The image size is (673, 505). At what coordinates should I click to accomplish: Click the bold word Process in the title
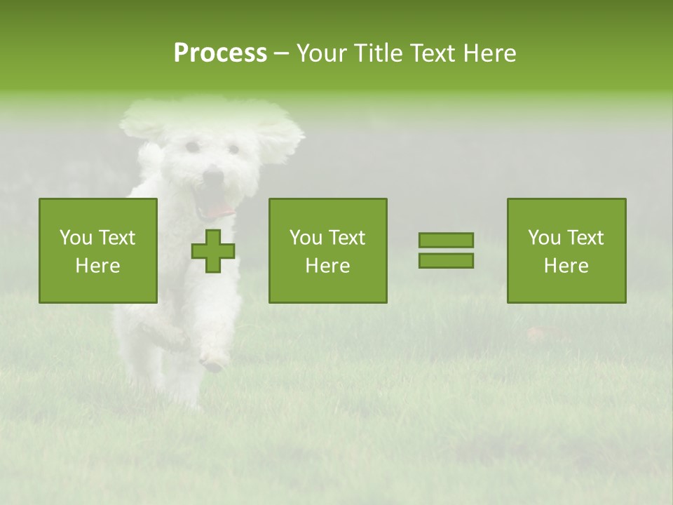coord(220,53)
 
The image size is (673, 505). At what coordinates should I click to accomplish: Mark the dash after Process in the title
coord(281,54)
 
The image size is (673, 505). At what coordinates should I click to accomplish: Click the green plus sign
coord(213,251)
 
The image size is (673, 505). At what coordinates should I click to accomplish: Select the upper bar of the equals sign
coord(446,241)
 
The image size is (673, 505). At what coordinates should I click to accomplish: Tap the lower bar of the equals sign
coord(446,261)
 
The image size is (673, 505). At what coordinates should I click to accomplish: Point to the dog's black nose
coord(212,177)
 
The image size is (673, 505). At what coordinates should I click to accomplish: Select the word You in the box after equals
coord(544,238)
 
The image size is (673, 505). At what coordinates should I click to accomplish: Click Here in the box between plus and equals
coord(327,266)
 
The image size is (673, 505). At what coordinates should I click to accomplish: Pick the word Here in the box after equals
coord(566,266)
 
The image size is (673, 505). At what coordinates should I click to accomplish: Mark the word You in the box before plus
coord(76,238)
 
